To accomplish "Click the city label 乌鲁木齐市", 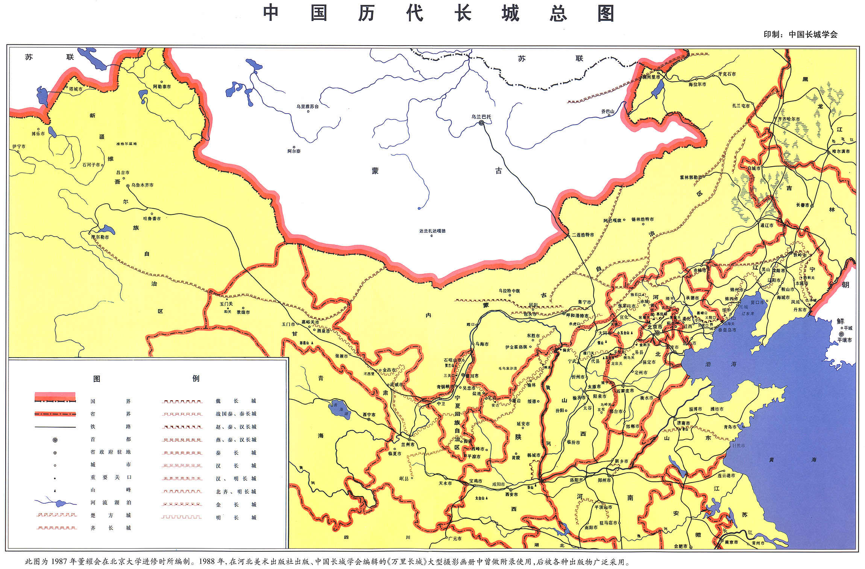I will click(x=142, y=185).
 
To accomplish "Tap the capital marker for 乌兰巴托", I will click(x=481, y=123).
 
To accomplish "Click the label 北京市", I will click(x=655, y=327).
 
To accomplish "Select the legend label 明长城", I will click(x=236, y=517).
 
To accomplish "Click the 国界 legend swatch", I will click(x=55, y=398).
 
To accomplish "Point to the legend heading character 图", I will click(x=97, y=379).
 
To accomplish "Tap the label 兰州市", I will click(x=408, y=445).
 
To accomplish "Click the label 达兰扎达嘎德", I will click(x=432, y=231).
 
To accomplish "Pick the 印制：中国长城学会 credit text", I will click(x=800, y=34).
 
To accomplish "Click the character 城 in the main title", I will click(x=510, y=14).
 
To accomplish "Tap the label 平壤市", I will click(x=845, y=340).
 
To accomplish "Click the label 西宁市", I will click(x=369, y=414).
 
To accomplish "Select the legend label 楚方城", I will click(x=111, y=515).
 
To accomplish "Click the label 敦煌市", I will click(x=243, y=312).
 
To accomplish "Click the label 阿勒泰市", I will click(x=162, y=86).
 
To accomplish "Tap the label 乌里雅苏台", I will click(x=307, y=106).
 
